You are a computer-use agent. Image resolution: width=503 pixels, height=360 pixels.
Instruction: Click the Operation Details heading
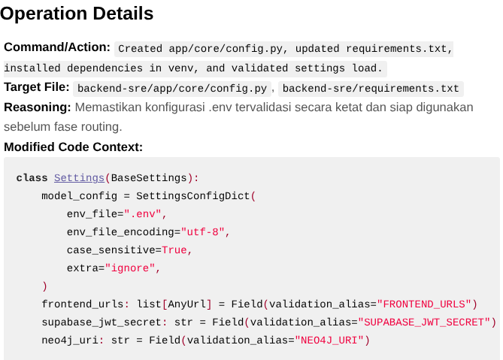coord(77,14)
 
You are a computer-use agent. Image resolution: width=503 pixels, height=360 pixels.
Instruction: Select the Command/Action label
coord(57,47)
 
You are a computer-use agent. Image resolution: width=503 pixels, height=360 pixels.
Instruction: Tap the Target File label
coord(37,87)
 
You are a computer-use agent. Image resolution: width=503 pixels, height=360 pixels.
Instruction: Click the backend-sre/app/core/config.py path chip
coord(172,89)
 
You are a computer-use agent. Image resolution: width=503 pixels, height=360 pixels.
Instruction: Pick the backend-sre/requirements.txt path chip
coord(371,89)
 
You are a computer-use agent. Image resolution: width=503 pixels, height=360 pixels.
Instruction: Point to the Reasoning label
coord(37,107)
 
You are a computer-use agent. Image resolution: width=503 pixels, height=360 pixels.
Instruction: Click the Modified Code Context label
coord(73,147)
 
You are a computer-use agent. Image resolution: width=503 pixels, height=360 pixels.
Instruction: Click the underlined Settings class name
coord(79,178)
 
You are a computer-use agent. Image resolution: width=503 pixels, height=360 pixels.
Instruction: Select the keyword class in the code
coord(32,178)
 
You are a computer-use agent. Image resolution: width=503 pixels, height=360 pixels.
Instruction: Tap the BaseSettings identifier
coord(149,178)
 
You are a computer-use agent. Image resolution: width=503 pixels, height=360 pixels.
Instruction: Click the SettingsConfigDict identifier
coord(192,196)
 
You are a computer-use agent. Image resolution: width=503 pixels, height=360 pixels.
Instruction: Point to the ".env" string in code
coord(142,213)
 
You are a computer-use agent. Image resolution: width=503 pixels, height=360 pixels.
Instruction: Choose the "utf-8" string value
coord(202,231)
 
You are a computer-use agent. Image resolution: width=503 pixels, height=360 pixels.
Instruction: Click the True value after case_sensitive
coord(174,250)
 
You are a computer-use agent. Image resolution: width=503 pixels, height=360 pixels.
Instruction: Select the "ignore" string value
coord(130,268)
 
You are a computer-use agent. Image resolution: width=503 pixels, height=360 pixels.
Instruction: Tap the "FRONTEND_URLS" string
coord(424,304)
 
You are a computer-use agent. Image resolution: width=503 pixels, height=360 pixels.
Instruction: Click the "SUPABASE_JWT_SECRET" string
coord(424,322)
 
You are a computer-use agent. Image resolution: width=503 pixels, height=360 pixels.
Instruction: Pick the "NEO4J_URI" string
coord(329,340)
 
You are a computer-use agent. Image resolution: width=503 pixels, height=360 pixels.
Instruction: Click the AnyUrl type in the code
coord(186,304)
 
